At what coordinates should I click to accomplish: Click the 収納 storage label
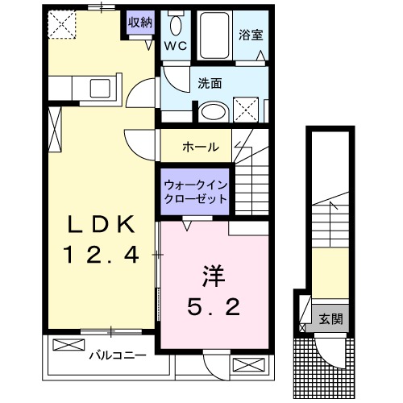[139, 22]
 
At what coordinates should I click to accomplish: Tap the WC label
[177, 46]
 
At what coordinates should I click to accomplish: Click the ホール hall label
[199, 147]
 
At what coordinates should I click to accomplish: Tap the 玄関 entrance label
[330, 319]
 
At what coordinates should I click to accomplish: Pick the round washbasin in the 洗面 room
[213, 111]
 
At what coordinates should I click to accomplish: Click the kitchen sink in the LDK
[102, 89]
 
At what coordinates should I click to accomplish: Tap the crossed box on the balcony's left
[68, 345]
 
